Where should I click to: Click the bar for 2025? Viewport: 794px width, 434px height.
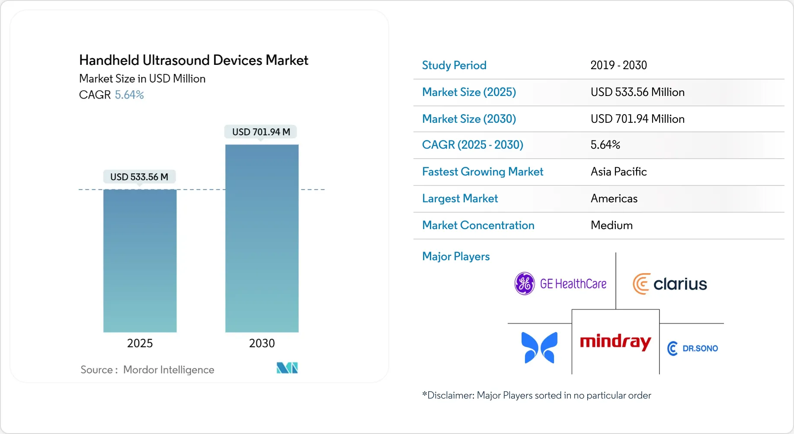coord(140,261)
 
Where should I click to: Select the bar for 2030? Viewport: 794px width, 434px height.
coord(262,238)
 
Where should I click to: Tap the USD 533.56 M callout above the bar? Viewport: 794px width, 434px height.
coord(139,177)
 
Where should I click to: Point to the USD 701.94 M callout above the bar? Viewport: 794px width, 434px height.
coord(261,132)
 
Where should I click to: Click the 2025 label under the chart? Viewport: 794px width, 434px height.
coord(140,343)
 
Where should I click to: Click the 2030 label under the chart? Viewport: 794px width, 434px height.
coord(262,343)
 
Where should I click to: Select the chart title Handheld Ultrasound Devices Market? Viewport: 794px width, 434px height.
coord(194,60)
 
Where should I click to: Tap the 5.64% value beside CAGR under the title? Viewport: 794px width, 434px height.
coord(129,95)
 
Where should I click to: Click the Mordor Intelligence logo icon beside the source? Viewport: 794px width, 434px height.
coord(287,368)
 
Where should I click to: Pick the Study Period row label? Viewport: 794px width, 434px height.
coord(454,65)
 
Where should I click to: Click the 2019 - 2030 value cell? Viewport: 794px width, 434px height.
coord(618,65)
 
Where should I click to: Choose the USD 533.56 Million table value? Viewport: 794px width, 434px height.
coord(637,92)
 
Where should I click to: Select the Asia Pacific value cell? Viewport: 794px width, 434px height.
coord(618,172)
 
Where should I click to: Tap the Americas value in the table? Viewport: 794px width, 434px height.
coord(614,198)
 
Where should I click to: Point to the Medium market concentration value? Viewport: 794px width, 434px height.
coord(612,225)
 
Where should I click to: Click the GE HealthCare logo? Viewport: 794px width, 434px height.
coord(560,284)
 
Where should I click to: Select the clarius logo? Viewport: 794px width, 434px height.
coord(670,284)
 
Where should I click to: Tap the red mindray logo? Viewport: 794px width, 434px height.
coord(615,342)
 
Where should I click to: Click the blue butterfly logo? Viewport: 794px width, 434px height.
coord(539,348)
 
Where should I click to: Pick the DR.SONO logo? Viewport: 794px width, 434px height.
coord(692,348)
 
